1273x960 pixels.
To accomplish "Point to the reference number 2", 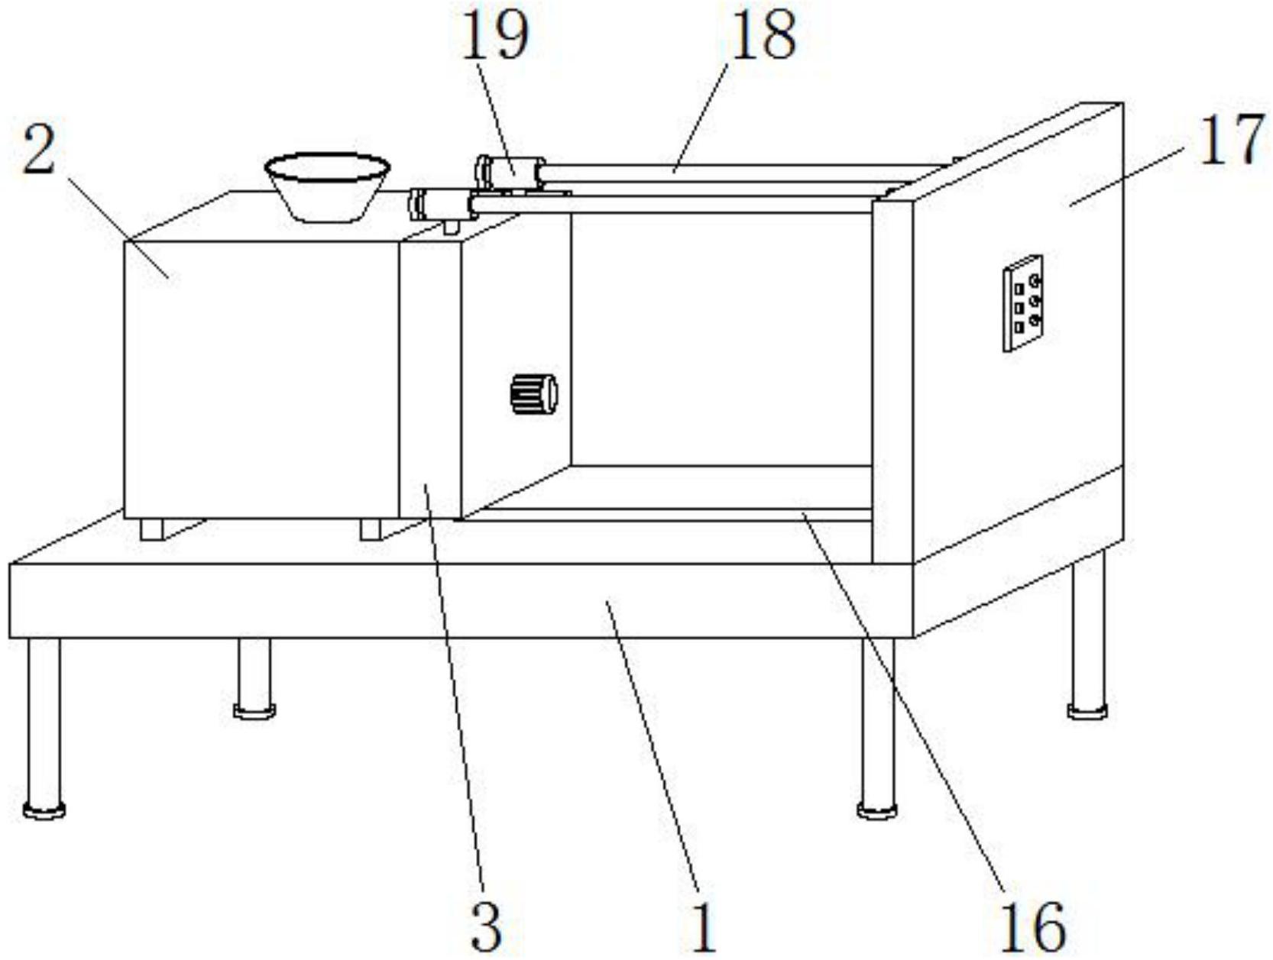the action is click(40, 150).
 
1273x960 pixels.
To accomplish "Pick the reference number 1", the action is click(704, 926).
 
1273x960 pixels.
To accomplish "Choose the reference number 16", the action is click(1033, 926).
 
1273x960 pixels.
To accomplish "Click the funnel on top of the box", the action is click(327, 186).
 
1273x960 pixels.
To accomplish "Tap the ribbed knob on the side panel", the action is click(533, 394).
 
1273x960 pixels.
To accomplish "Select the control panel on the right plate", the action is click(1023, 303).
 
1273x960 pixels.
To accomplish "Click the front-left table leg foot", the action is click(44, 809).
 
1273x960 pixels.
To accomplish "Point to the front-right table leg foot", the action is click(876, 810).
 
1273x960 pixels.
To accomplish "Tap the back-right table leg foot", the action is click(1087, 710).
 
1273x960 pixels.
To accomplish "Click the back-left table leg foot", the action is click(254, 710).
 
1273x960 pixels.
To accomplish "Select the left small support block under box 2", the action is click(153, 528).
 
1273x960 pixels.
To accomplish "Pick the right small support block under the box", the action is click(371, 528).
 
